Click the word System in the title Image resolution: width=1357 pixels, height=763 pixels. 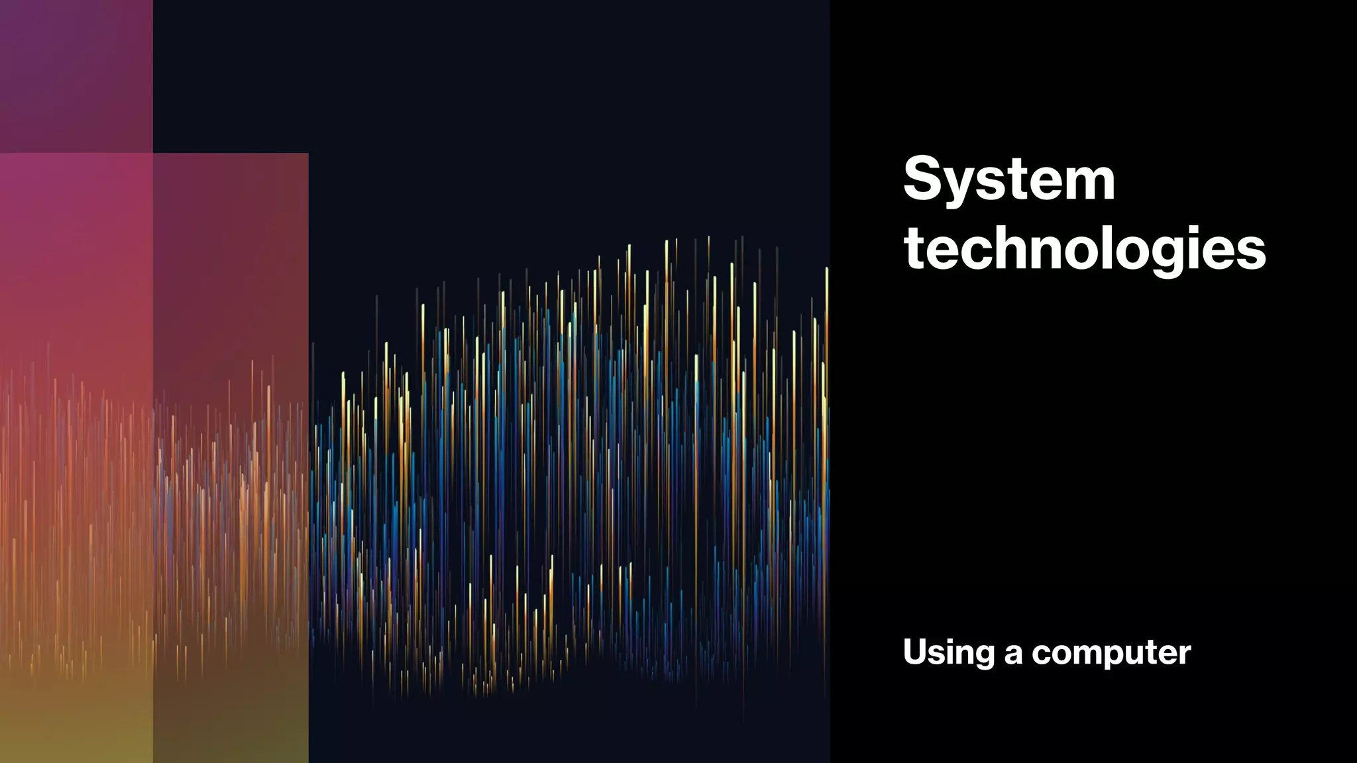1009,179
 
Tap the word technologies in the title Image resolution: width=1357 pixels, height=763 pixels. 1085,249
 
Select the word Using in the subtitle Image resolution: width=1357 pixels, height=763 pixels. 948,653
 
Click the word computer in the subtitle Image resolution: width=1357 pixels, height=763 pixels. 1111,654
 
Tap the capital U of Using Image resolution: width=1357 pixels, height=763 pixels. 916,652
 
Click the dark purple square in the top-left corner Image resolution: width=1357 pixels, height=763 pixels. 76,76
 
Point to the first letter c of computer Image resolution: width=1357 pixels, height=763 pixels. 1042,654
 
